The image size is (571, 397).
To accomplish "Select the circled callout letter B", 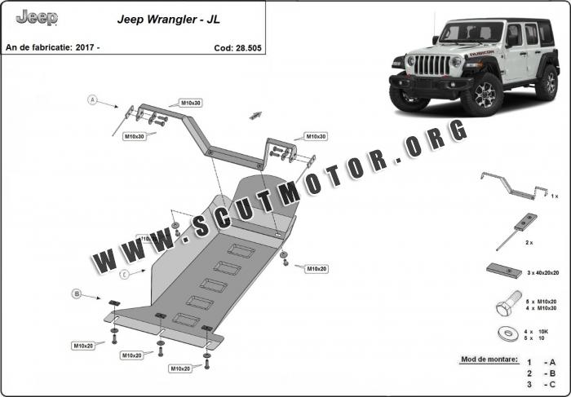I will pos(76,293).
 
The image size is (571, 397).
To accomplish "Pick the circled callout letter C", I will pos(123,274).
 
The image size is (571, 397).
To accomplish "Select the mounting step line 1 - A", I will pos(541,360).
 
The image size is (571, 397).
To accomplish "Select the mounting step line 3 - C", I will pos(541,383).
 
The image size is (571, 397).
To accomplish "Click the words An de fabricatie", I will pos(39,47).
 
